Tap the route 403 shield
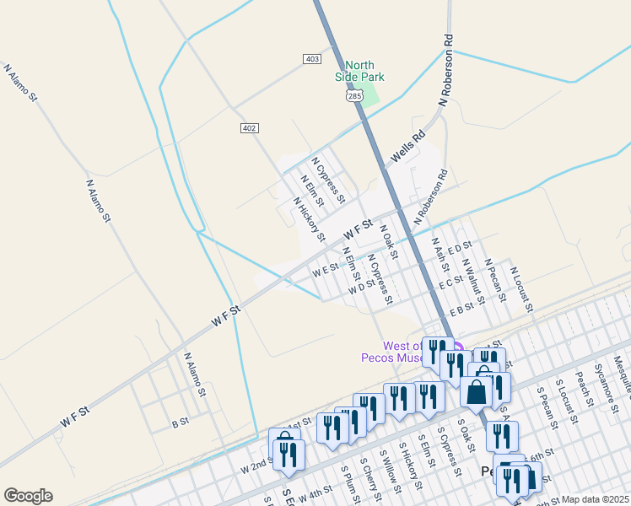pos(312,58)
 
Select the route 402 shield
pos(249,127)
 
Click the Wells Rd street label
pos(406,148)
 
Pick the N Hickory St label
pos(309,219)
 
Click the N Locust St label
pos(522,289)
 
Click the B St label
pos(180,423)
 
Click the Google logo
pos(28,496)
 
